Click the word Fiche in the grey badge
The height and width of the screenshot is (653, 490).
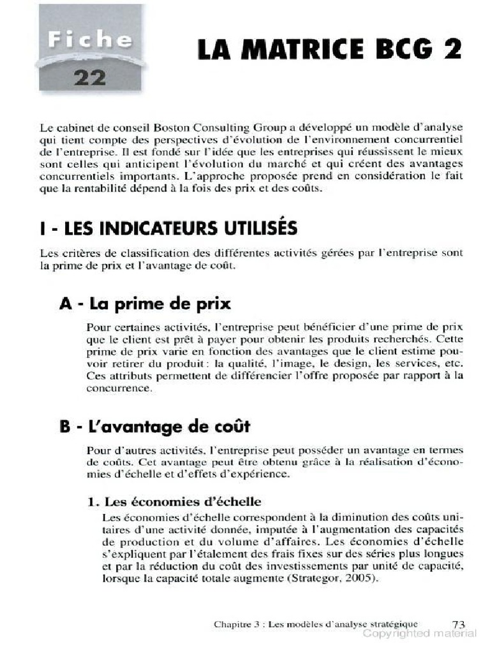tap(90, 40)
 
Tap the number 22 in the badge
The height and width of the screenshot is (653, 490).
tap(90, 78)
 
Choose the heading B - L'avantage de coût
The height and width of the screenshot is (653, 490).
tap(155, 425)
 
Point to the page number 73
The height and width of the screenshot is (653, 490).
tap(457, 624)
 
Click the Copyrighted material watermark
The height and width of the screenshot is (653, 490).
tap(419, 635)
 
